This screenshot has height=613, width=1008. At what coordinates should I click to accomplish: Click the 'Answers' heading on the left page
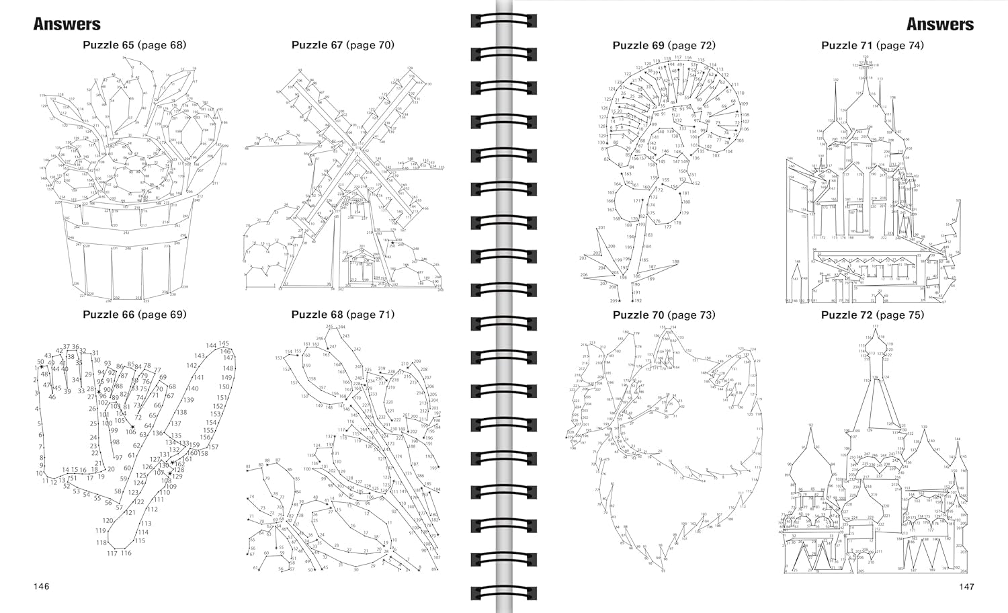(67, 24)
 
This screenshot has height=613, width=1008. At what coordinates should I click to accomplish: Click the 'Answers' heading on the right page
(939, 24)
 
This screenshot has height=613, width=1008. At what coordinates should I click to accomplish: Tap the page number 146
(42, 587)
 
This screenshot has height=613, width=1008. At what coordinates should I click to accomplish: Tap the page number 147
(966, 587)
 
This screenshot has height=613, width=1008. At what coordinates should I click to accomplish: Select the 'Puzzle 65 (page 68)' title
(134, 45)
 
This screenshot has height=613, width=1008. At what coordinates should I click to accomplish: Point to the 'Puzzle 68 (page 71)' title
(343, 315)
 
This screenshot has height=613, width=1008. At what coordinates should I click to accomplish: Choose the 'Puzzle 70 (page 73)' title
(664, 315)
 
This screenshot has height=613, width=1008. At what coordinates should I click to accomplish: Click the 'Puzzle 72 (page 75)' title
(872, 315)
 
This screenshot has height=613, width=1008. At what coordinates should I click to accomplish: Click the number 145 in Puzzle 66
(224, 343)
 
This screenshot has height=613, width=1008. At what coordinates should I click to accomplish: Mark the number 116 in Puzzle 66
(126, 553)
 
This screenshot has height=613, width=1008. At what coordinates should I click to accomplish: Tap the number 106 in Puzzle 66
(130, 432)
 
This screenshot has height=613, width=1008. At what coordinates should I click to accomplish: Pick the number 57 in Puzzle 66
(119, 507)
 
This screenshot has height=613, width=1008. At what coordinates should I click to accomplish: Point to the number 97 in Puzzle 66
(119, 457)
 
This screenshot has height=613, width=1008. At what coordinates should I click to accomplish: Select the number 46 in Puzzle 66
(52, 397)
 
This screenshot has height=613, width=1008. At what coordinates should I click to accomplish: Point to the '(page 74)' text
(900, 45)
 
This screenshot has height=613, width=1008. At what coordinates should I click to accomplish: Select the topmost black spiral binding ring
(504, 20)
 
